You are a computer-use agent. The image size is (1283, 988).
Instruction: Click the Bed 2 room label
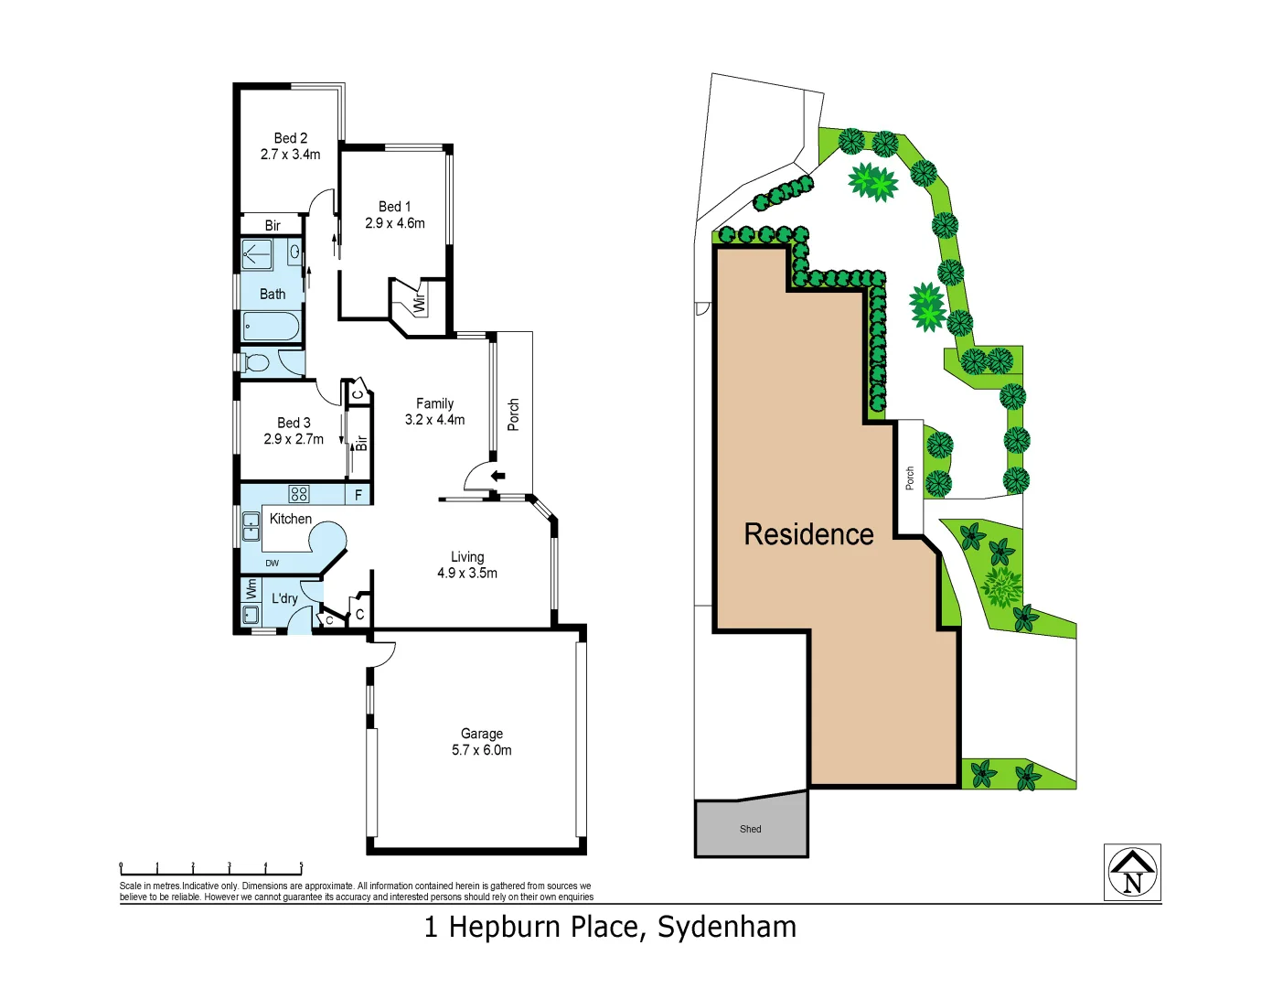[291, 138]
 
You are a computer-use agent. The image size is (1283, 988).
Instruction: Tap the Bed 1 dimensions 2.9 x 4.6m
[395, 223]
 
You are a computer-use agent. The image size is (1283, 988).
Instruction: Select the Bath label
[273, 294]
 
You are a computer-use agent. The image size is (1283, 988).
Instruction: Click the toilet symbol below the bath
[256, 363]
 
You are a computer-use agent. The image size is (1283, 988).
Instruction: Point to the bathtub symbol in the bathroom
[271, 326]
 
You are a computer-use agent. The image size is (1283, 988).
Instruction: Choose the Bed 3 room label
[294, 423]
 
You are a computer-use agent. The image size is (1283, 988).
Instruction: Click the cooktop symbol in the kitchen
[299, 494]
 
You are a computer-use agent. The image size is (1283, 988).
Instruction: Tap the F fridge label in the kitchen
[358, 495]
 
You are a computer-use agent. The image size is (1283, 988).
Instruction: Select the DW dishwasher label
[273, 564]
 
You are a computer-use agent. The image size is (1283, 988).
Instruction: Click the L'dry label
[284, 598]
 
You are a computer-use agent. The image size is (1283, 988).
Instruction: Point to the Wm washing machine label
[251, 589]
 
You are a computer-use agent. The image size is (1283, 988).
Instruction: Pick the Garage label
[482, 734]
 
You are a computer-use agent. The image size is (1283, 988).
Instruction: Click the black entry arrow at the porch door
[498, 476]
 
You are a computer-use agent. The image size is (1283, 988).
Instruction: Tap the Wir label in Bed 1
[420, 303]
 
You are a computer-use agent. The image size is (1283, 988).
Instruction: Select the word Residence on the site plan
[808, 534]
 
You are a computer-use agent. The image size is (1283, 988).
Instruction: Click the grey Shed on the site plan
[751, 828]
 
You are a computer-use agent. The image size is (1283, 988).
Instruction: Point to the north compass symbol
[1132, 872]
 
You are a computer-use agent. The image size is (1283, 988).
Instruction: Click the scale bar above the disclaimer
[211, 868]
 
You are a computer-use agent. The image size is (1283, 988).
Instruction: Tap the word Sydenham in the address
[727, 928]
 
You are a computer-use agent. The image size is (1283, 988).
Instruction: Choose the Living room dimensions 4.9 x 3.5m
[467, 574]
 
